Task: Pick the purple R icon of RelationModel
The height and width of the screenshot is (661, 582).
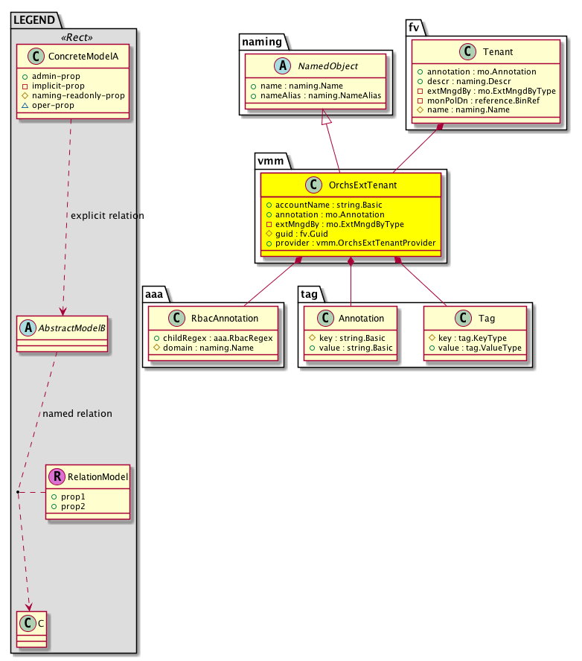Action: point(56,476)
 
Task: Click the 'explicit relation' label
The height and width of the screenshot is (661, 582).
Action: point(107,216)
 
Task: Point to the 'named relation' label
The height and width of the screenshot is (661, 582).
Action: point(77,414)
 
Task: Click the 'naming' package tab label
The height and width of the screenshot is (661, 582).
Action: point(260,43)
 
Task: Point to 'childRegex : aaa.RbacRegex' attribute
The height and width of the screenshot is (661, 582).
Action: point(214,337)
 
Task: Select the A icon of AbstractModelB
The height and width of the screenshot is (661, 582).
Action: point(28,325)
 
